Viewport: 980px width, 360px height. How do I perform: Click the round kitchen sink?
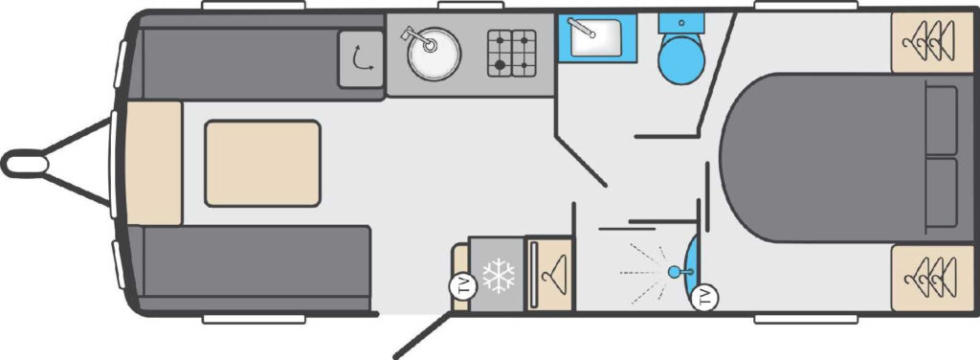tap(434, 54)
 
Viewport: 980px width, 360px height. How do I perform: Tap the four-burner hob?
tap(512, 53)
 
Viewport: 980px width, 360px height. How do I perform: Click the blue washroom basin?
tap(597, 37)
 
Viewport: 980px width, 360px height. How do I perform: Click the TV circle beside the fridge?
tap(463, 287)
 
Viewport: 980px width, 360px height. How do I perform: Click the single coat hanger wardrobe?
tap(549, 273)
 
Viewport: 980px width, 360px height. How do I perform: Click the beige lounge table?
tap(262, 164)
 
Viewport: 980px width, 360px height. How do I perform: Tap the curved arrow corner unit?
tap(361, 58)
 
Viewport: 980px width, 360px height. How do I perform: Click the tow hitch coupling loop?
tap(25, 164)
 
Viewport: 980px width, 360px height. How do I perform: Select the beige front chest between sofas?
tap(154, 163)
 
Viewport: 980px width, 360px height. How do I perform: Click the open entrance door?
tap(422, 336)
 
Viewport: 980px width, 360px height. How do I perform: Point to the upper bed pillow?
tap(941, 121)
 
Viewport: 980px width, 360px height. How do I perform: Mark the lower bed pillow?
tap(941, 192)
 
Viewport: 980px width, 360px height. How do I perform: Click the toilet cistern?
tap(680, 23)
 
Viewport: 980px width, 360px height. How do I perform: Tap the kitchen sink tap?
tap(417, 37)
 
